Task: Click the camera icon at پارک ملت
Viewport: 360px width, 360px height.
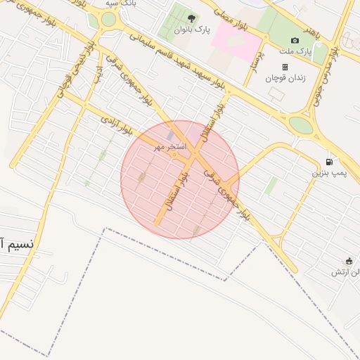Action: tap(295, 40)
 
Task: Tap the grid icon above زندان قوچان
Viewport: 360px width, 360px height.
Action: tap(285, 67)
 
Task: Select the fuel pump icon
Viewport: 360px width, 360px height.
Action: tap(330, 162)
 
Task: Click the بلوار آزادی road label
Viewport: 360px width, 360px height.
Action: tap(117, 125)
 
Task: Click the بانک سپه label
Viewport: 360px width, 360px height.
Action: tap(120, 4)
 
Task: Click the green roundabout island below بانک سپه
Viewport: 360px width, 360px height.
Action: tap(108, 20)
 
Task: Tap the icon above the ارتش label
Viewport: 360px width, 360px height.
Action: tap(349, 261)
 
